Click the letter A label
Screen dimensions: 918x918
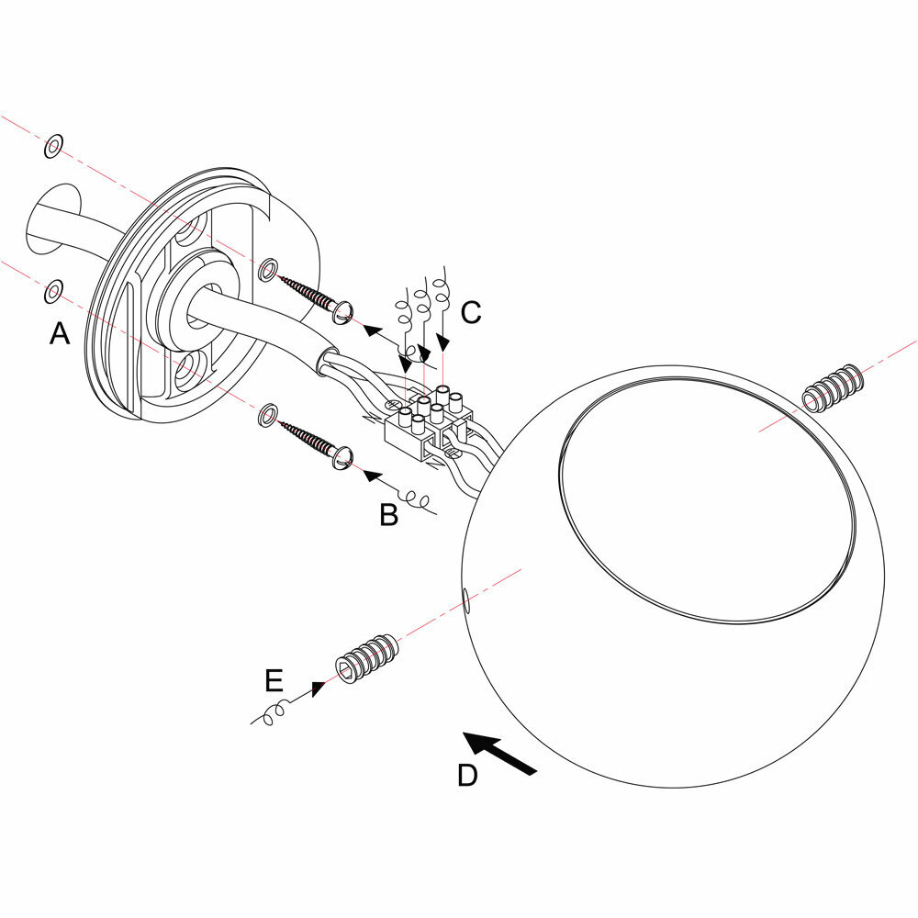(60, 335)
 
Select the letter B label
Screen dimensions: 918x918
(389, 516)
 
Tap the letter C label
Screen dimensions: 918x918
(471, 313)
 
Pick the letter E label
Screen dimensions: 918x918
(274, 680)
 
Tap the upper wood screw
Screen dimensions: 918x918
(317, 297)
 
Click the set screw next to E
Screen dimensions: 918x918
(367, 657)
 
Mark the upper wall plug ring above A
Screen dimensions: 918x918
(53, 146)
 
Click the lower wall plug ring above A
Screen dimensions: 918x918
(53, 292)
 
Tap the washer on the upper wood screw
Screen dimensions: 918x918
(267, 269)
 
